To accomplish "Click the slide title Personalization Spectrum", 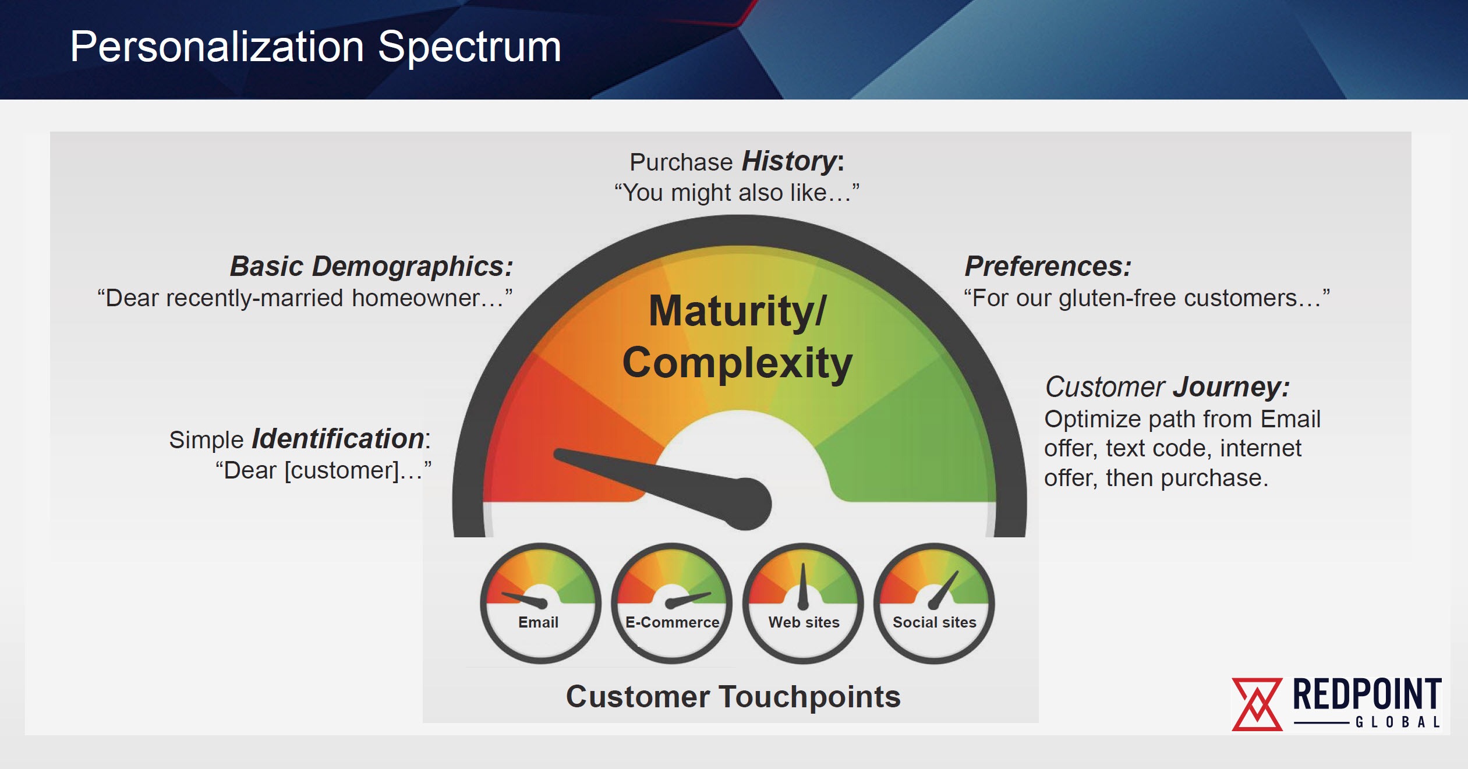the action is tap(316, 47).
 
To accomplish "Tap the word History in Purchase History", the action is tap(789, 161).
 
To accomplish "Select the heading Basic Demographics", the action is tap(372, 267).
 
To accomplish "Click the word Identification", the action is tap(338, 438).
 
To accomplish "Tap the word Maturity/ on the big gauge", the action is tap(737, 311).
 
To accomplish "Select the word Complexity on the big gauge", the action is tap(737, 363).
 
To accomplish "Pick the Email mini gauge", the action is tap(540, 604).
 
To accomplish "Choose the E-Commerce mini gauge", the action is tap(671, 604).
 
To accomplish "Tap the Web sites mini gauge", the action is tap(803, 604).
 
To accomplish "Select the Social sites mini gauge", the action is tap(934, 604).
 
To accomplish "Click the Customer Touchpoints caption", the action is tap(733, 697).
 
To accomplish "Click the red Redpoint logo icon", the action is tap(1257, 704).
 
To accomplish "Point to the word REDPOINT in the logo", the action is tap(1367, 694).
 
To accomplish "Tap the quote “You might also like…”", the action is tap(737, 193).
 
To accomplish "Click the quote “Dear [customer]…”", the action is tap(323, 470).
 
